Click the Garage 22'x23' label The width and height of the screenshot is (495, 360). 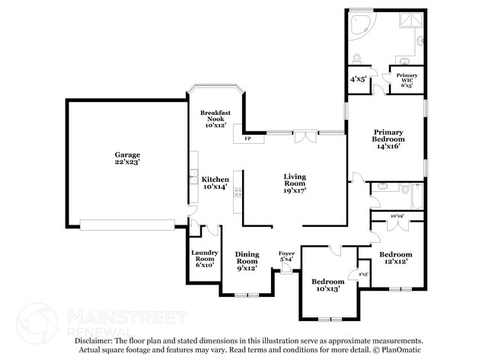[x=126, y=159]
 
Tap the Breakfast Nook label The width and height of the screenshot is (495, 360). [x=216, y=119]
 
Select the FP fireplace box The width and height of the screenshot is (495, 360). [x=248, y=139]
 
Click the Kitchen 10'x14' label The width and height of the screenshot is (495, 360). [x=216, y=183]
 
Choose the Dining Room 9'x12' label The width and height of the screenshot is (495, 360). [x=247, y=260]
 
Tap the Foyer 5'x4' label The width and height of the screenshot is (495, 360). [x=286, y=256]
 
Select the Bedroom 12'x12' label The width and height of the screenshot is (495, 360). [x=395, y=257]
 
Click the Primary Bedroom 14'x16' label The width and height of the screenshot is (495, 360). [x=388, y=139]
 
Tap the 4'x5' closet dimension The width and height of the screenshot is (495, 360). [x=358, y=79]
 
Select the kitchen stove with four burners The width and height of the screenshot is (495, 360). [x=238, y=193]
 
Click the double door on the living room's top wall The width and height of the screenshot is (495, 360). [x=304, y=135]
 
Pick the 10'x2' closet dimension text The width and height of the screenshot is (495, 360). [x=396, y=217]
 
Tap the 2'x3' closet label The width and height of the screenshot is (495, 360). [x=363, y=274]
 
